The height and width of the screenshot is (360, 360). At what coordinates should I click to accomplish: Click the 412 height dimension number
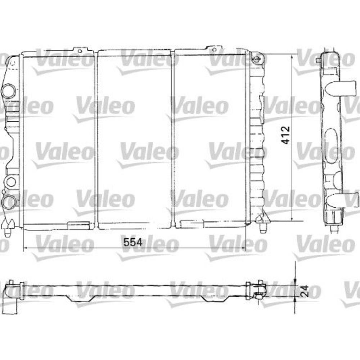pyautogui.click(x=285, y=135)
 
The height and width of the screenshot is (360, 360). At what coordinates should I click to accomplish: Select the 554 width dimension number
pyautogui.click(x=131, y=242)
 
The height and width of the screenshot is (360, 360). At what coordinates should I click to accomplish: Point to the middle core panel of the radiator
pyautogui.click(x=135, y=140)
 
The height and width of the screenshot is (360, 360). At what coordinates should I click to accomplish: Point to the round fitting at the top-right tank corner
pyautogui.click(x=256, y=59)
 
